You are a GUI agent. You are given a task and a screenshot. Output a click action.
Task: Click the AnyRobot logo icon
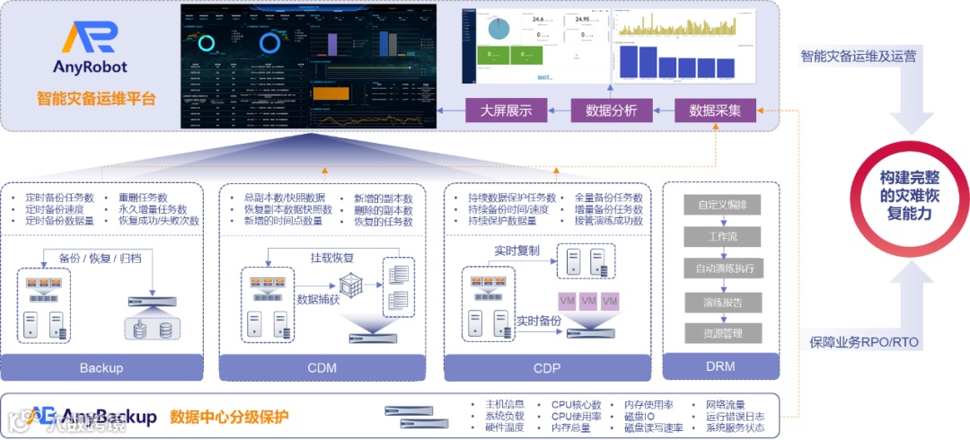coord(90,39)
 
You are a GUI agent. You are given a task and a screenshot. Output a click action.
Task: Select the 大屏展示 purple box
coord(506,110)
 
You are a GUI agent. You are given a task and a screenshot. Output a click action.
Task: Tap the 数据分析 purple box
coord(611,110)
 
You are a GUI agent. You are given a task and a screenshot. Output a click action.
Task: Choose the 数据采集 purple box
coord(715,110)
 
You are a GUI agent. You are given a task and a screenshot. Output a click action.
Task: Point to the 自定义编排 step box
coord(722,205)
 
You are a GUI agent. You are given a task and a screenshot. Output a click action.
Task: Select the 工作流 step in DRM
coord(722,237)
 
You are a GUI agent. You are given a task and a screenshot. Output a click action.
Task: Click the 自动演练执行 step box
coord(722,268)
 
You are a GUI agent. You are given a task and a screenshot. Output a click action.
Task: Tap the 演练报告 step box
coord(722,301)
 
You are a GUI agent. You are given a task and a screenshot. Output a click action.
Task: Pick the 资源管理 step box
coord(722,333)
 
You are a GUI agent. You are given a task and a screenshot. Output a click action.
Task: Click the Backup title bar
coord(101,367)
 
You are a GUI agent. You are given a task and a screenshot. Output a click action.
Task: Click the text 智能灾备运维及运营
coord(859,57)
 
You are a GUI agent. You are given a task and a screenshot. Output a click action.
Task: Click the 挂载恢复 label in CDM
coord(331,259)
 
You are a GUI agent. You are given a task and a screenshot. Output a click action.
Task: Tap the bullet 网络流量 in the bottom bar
coord(725,405)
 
